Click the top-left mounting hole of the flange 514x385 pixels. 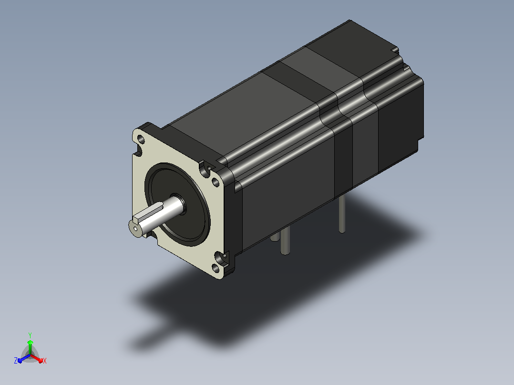(x=141, y=139)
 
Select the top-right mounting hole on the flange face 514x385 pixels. (x=216, y=182)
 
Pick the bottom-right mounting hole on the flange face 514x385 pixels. (x=216, y=268)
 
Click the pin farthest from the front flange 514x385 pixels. (x=342, y=214)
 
